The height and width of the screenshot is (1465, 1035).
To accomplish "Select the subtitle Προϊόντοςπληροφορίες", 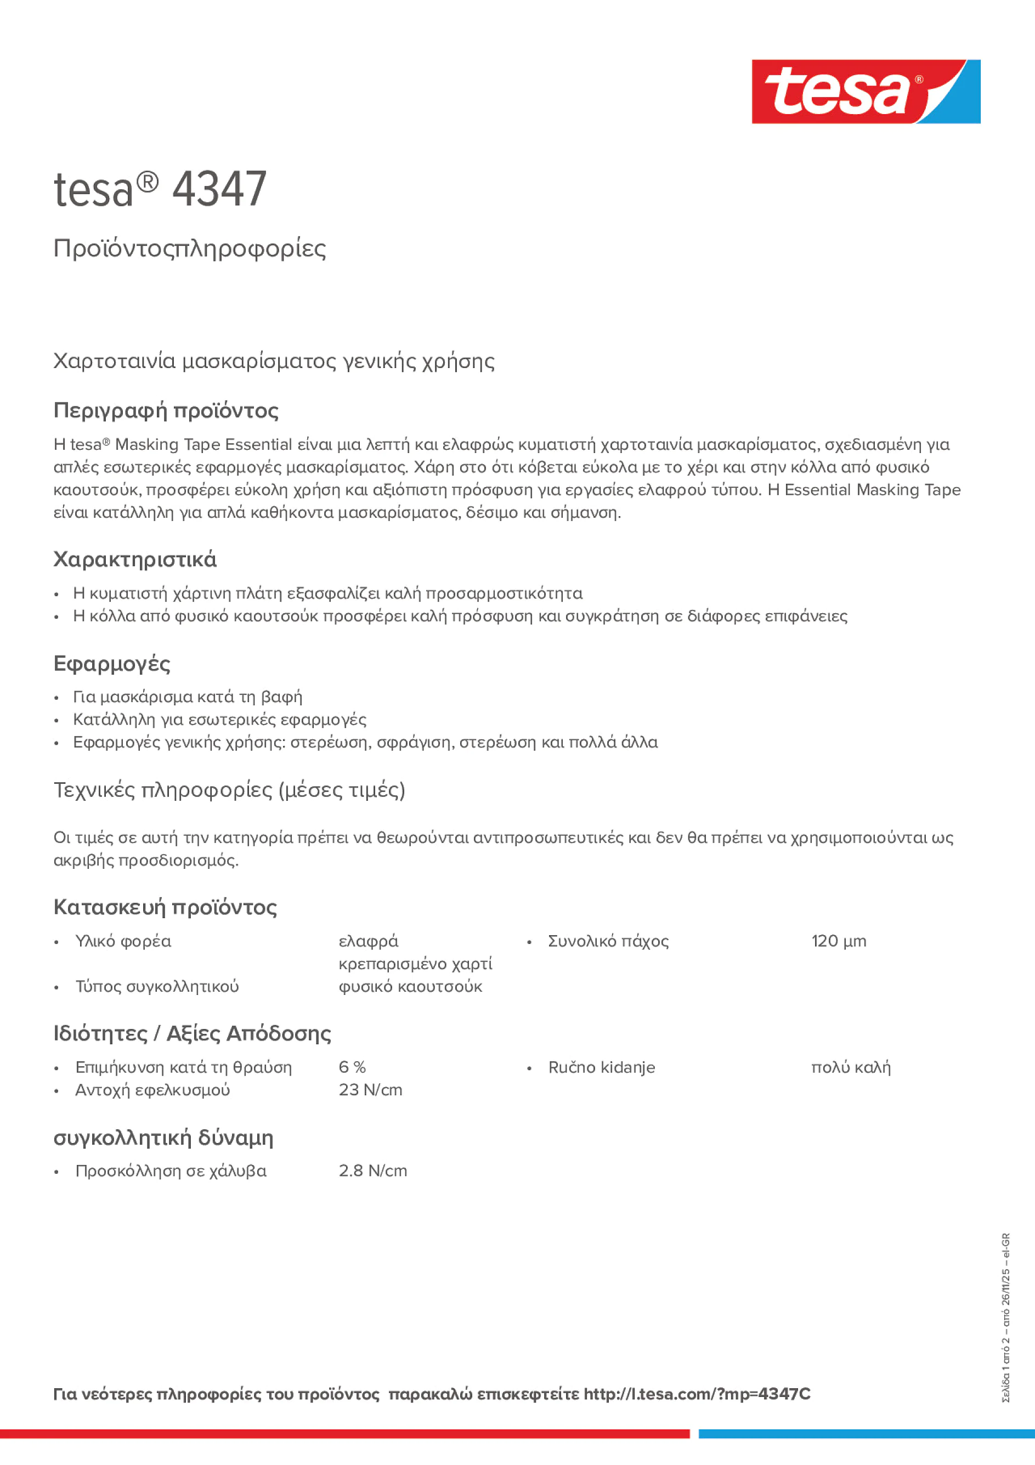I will click(x=190, y=248).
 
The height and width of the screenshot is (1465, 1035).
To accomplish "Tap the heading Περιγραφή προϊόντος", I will click(x=166, y=410).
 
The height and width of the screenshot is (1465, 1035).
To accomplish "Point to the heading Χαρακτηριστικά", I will click(x=134, y=559).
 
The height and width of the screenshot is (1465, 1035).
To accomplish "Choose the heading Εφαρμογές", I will click(x=112, y=664).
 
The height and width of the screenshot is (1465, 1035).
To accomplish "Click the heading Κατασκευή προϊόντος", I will click(x=165, y=907).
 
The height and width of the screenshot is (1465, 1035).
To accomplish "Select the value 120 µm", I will click(x=839, y=941).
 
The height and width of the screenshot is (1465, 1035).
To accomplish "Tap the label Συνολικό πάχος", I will click(x=608, y=941).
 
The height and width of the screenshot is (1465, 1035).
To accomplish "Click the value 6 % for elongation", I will click(x=352, y=1067).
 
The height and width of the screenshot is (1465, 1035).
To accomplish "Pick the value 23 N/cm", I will click(x=370, y=1090).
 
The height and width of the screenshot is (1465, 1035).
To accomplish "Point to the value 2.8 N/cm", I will click(x=372, y=1171).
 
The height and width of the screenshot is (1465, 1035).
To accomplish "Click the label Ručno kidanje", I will click(x=601, y=1067).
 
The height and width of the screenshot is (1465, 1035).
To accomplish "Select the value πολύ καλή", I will click(x=851, y=1067).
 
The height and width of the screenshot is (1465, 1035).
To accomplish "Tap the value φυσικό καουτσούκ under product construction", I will click(x=410, y=987).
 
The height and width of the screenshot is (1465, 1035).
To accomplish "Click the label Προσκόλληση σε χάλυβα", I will click(x=171, y=1171).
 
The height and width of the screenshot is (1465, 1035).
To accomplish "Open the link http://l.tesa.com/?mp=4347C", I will click(x=697, y=1394).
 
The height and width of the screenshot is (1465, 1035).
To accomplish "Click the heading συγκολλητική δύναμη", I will click(x=163, y=1137).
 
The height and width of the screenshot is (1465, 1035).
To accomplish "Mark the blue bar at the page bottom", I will click(x=866, y=1434).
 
